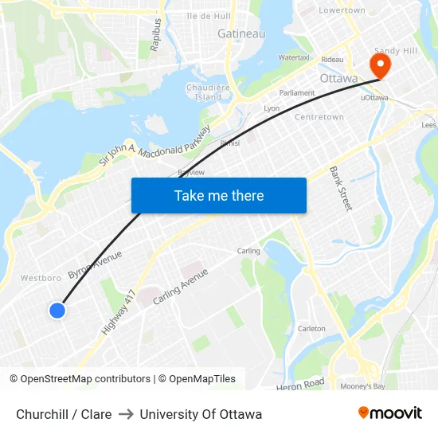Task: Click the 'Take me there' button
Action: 219,196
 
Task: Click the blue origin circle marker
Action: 57,311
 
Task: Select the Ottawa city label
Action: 338,79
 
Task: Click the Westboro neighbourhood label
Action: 41,279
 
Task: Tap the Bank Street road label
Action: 341,190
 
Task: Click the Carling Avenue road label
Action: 180,285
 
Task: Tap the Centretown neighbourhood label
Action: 319,117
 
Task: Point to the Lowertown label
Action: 342,10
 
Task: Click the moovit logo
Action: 389,413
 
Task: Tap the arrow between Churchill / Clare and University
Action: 126,414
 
